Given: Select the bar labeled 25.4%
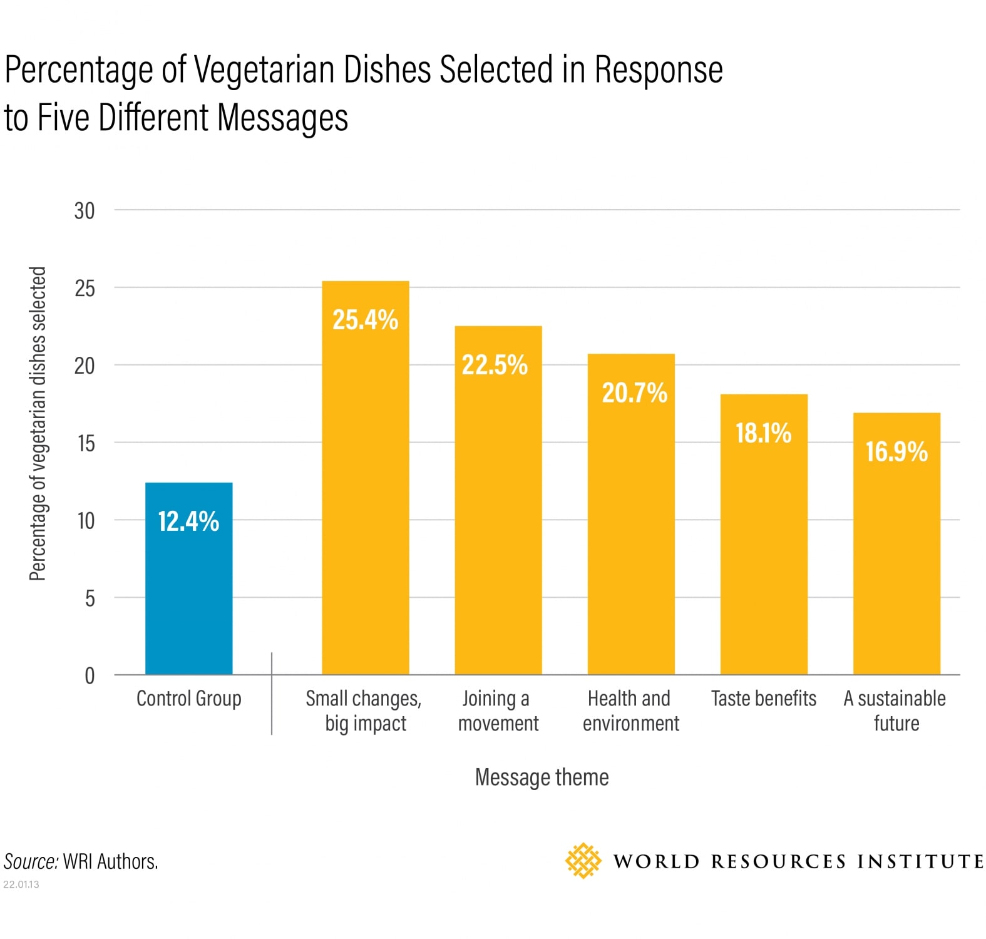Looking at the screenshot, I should coord(365,488).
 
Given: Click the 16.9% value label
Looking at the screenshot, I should coord(896,451).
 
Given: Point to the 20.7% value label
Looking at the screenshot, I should coord(634,393).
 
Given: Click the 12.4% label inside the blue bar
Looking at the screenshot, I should coord(188,521).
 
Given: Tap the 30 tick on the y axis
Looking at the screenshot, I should coord(85,211).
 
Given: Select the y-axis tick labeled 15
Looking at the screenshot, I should coord(86,443).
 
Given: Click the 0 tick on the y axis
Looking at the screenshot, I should coord(90,675).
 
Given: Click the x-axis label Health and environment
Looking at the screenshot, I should coord(630,711).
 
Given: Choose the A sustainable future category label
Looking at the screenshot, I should coord(895,711).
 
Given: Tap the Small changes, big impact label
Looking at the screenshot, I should coord(364,711).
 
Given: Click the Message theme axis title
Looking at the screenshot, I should coord(542,777).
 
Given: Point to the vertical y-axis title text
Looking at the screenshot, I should coord(38,424).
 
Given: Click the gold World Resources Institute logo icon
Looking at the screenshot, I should coord(583,861).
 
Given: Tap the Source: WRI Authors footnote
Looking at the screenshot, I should coord(81,861).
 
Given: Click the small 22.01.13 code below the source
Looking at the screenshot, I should coord(21,885).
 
